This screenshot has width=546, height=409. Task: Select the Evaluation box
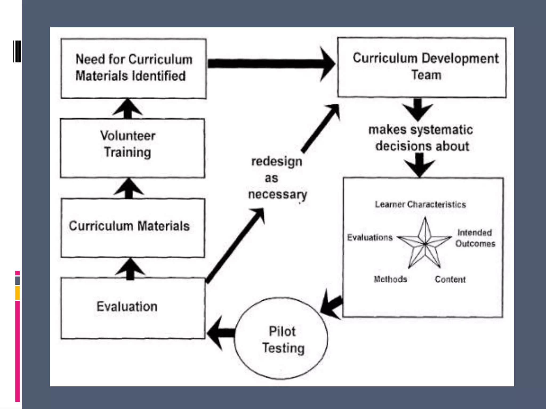[133, 308]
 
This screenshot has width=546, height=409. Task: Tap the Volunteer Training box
[132, 148]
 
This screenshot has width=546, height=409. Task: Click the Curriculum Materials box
[133, 228]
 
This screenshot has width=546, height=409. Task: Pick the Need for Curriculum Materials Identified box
[133, 69]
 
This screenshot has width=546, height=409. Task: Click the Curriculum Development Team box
[422, 68]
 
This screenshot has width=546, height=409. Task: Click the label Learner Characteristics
[420, 204]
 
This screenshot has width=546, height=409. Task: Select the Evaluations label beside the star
[370, 237]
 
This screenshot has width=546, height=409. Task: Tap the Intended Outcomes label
[475, 238]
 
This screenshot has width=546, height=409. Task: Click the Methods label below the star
[390, 279]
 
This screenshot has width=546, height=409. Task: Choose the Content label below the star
[450, 279]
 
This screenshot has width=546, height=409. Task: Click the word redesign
[277, 161]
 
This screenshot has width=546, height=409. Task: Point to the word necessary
[278, 195]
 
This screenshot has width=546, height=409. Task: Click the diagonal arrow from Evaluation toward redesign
[235, 245]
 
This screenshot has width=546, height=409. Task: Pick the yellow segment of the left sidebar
[17, 293]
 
